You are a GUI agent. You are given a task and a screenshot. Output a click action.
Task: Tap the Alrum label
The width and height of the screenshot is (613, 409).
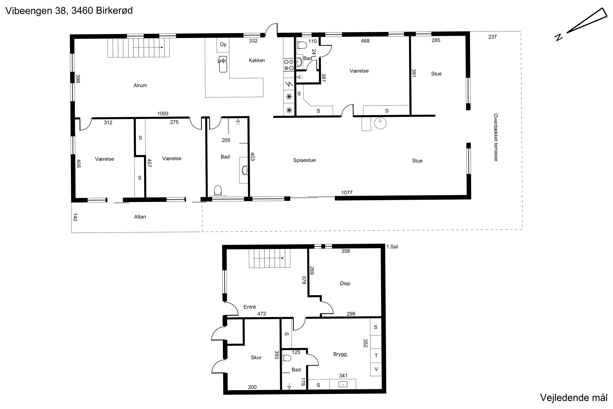click(x=140, y=85)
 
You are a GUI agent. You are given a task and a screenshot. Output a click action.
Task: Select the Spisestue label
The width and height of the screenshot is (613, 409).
click(x=304, y=160)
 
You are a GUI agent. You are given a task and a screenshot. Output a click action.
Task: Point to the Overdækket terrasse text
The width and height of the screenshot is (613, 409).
click(x=496, y=137)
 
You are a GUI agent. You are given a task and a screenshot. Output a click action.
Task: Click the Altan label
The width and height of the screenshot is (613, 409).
click(x=140, y=217)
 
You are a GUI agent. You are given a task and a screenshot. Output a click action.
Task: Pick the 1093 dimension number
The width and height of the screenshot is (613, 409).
click(x=163, y=113)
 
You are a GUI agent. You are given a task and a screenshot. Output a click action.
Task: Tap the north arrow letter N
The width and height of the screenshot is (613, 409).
click(x=558, y=37)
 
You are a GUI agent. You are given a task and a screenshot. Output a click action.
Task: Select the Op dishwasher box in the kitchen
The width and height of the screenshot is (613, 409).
click(x=223, y=45)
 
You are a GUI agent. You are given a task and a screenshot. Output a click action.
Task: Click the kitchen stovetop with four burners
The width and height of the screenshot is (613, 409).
click(x=289, y=65)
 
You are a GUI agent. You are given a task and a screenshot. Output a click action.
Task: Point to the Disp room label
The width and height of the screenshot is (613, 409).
click(x=345, y=283)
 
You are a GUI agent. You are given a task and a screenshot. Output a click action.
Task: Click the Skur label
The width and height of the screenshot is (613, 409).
click(x=256, y=357)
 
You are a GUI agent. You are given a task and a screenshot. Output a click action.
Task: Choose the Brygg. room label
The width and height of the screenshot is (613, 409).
click(x=341, y=354)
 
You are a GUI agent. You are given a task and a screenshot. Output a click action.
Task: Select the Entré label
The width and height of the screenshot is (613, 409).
click(x=250, y=307)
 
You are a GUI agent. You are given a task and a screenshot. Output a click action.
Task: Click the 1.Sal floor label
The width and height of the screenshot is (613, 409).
click(x=392, y=246)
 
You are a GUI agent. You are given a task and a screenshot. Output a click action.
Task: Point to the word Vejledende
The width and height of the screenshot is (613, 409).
click(x=564, y=398)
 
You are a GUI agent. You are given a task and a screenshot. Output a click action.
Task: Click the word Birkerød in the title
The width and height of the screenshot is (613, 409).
click(x=114, y=11)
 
